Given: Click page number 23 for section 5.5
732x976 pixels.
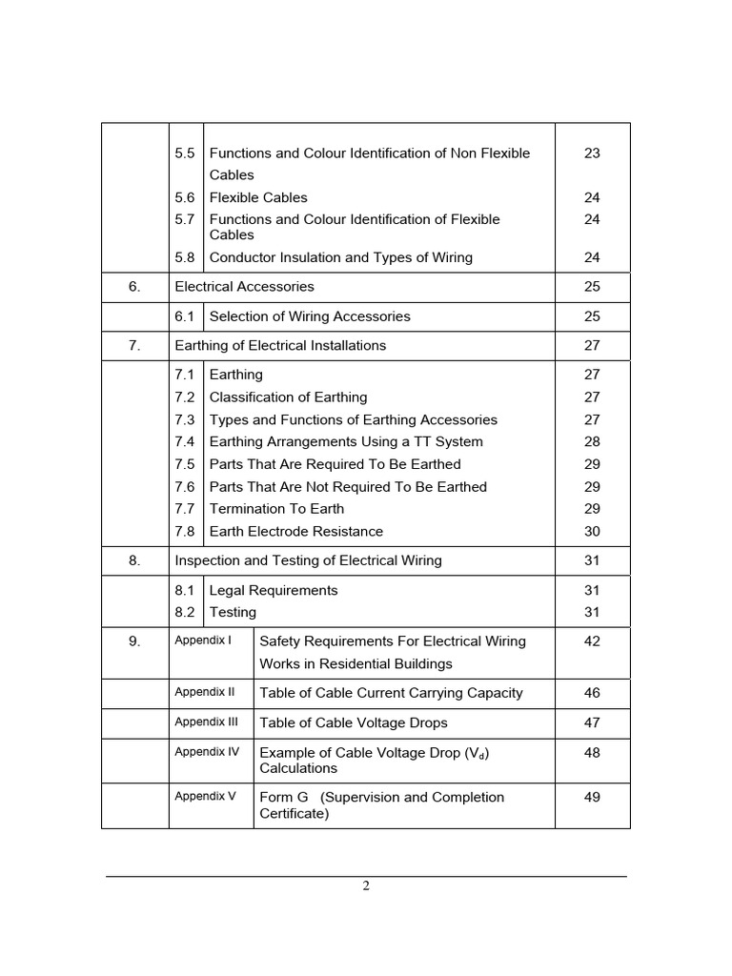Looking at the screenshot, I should tap(592, 152).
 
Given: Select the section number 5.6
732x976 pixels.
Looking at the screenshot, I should tap(185, 197).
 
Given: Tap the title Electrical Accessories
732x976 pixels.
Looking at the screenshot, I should tap(244, 286).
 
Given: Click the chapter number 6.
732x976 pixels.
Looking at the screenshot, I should tap(134, 286).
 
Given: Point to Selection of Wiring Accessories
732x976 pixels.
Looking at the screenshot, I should tap(310, 316).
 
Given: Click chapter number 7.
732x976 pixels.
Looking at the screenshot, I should tap(134, 345).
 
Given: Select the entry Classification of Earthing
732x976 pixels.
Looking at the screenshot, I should tap(288, 397).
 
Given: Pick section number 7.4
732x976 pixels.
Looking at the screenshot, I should tap(185, 442).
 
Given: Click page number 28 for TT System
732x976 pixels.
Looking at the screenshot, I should tap(592, 442).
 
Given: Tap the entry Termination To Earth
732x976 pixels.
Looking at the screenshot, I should tap(276, 509).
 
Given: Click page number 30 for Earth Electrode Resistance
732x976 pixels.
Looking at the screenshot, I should tap(592, 532).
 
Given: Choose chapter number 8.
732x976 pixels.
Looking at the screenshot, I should tap(134, 560).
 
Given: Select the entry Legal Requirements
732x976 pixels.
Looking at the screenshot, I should tap(274, 591).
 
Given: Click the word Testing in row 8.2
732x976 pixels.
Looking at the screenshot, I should tap(233, 613).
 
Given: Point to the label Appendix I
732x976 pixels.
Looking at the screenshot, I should tap(203, 640).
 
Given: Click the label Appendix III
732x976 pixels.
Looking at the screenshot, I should tap(206, 722).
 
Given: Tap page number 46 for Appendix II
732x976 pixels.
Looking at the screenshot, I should tap(592, 693).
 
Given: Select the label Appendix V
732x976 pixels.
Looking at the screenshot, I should tap(205, 796).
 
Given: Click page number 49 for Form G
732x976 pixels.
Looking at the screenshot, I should tap(592, 797).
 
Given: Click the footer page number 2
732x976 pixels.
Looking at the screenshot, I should tap(366, 885).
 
